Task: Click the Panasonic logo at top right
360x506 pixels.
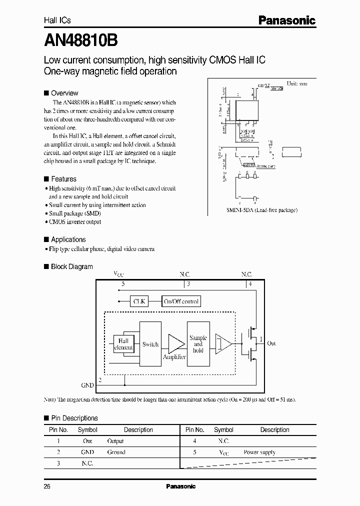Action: pos(286,20)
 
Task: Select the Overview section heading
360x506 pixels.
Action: pos(64,93)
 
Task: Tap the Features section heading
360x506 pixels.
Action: pos(63,179)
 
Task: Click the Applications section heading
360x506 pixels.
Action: pos(68,239)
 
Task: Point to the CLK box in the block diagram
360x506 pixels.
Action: pos(138,301)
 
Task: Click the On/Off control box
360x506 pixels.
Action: pos(181,301)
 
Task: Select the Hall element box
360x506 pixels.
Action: pos(123,343)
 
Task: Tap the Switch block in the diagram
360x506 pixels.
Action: pos(150,344)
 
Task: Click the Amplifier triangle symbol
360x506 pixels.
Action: pos(175,343)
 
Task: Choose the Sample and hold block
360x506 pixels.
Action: pos(198,344)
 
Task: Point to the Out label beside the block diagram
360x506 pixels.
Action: pos(271,343)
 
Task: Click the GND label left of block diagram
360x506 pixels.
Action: pos(87,385)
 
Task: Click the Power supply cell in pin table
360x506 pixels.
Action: pos(259,452)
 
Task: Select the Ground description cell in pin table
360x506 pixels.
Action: pos(116,452)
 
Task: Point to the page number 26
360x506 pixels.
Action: pos(47,486)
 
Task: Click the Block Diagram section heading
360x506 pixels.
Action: pos(71,266)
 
